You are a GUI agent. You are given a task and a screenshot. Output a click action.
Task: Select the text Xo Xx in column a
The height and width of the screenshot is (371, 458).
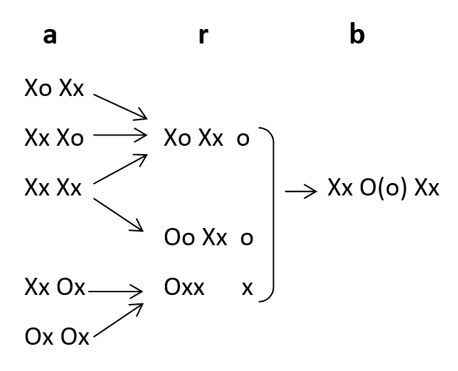click(x=54, y=88)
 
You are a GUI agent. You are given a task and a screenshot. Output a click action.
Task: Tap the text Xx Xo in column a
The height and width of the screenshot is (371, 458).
click(x=54, y=138)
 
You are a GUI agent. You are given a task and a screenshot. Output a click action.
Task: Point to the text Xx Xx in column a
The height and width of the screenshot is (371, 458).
click(x=54, y=187)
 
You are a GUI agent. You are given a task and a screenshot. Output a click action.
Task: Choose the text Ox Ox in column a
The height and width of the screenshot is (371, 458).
click(x=57, y=338)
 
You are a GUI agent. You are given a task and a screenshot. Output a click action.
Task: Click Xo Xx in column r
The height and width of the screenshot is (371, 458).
click(x=194, y=138)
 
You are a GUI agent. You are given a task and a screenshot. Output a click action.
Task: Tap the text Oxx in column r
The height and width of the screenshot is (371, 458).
click(x=184, y=287)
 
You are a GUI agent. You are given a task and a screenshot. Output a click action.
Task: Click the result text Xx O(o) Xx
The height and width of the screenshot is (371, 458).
click(x=384, y=189)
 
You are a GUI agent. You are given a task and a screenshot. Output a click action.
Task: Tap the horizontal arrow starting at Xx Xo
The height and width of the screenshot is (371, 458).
click(x=120, y=135)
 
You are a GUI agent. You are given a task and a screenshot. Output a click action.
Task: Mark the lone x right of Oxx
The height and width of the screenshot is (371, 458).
click(x=247, y=288)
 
